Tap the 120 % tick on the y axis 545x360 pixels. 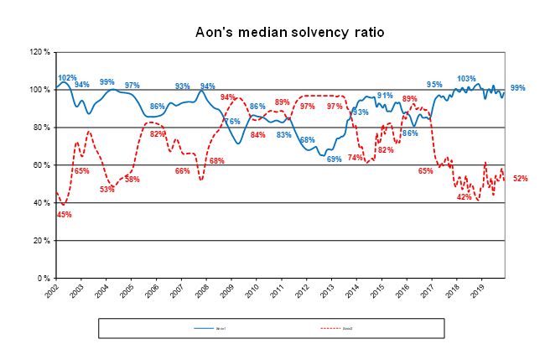coord(41,52)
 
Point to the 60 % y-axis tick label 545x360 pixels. coord(43,165)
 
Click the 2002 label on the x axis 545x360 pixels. coord(53,292)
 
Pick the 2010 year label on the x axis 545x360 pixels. coord(253,292)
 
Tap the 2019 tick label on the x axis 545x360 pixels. coord(479,292)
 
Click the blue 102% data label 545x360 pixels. coord(66,78)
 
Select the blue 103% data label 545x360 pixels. coord(466,79)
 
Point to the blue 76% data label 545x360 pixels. coord(232,122)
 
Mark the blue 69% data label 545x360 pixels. coord(334,159)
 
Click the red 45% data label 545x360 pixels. coord(64,214)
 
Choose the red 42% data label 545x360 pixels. coord(464,196)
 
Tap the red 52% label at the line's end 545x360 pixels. coord(520,179)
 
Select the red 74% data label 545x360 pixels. coord(356,157)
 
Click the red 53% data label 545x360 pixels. coord(106,190)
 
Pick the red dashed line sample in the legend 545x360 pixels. coord(329,329)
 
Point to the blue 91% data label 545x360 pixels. coord(385,96)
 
